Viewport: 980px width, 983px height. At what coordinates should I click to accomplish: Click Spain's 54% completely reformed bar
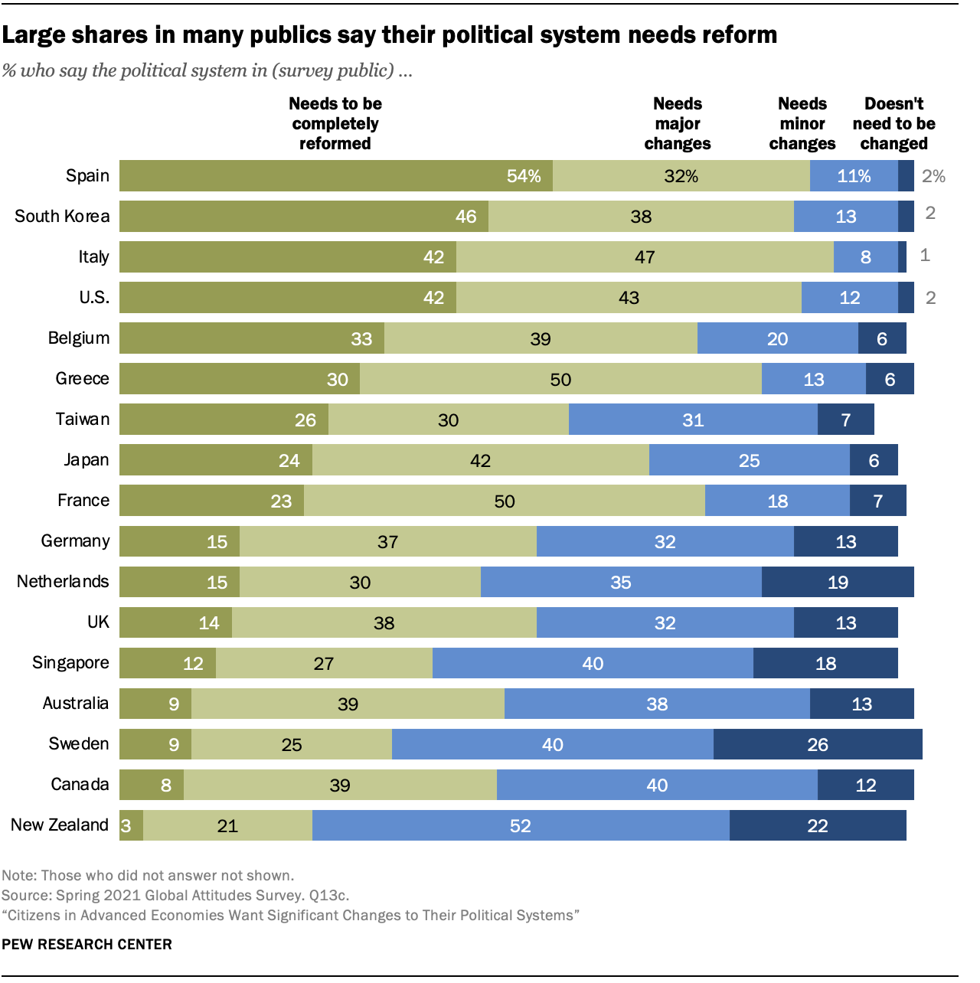click(336, 176)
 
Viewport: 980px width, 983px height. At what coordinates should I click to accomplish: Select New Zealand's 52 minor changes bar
click(521, 825)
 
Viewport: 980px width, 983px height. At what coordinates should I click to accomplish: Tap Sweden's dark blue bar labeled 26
click(818, 744)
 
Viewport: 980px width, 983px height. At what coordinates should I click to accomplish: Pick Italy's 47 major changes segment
click(645, 257)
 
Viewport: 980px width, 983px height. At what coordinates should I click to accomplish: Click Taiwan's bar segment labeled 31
click(693, 420)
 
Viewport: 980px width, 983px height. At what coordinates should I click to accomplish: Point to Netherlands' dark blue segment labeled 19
click(838, 583)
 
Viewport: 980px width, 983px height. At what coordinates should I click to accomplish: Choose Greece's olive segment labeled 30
click(240, 379)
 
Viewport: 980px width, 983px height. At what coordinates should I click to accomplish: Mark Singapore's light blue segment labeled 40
click(593, 663)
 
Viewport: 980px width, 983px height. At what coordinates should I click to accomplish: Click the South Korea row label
click(62, 217)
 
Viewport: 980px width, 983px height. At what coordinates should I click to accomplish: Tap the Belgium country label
click(78, 338)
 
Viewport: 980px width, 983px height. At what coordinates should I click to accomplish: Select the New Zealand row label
click(60, 825)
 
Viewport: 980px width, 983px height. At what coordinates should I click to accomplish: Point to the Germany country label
click(75, 541)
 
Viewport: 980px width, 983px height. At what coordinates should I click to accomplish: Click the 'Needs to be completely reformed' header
click(335, 124)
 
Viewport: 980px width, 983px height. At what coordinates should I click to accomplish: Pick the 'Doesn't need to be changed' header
click(893, 124)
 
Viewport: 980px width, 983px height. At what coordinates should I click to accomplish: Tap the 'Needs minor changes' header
click(802, 124)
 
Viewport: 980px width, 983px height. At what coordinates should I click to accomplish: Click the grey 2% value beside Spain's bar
click(933, 176)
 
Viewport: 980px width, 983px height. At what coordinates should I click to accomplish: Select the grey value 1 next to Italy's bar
click(925, 256)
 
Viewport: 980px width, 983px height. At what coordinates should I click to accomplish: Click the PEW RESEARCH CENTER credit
click(87, 944)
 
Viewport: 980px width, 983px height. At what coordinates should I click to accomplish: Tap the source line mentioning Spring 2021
click(175, 895)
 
